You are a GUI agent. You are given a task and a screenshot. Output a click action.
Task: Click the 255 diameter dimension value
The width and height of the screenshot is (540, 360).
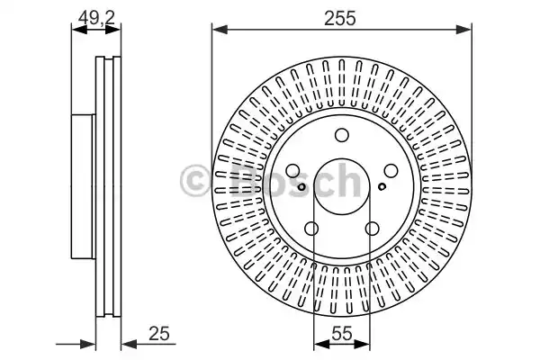click(339, 18)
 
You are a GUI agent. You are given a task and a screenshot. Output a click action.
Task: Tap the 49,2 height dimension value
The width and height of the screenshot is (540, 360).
click(96, 17)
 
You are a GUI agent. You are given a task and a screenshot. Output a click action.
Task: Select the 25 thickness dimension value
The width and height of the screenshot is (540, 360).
click(159, 333)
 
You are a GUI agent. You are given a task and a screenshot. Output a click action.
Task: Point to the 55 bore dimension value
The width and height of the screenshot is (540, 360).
click(342, 333)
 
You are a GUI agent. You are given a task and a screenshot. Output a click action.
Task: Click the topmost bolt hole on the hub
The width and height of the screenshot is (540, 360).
click(342, 135)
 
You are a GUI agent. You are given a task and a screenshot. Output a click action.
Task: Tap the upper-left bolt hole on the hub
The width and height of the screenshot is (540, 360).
click(293, 171)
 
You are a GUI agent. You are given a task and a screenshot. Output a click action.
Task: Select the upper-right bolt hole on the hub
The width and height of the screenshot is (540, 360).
click(391, 171)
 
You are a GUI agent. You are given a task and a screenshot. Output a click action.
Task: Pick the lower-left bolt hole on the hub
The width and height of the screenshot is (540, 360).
click(311, 229)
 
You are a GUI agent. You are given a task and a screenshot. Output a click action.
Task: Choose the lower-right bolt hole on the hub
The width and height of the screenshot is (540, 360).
click(372, 229)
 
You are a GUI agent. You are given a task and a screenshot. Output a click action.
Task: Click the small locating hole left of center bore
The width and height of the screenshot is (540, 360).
click(301, 187)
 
